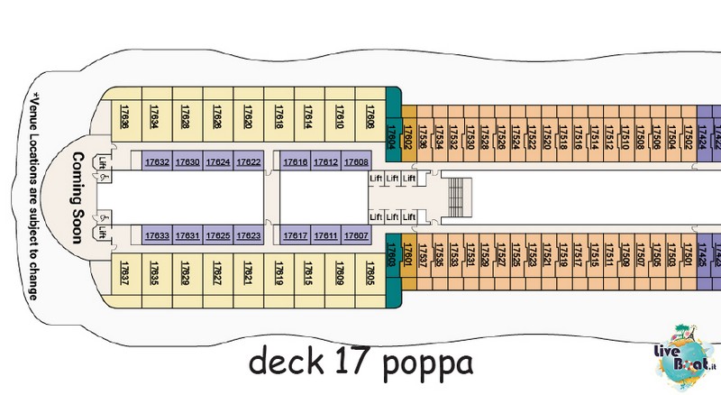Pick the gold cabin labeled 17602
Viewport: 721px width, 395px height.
[408, 133]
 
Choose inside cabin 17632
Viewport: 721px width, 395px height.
[157, 162]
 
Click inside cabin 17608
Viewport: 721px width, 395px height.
[357, 162]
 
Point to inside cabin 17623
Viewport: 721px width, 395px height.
[249, 236]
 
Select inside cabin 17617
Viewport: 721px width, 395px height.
[296, 236]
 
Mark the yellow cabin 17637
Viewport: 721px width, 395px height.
[124, 274]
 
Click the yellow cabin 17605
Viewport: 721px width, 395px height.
[370, 274]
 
